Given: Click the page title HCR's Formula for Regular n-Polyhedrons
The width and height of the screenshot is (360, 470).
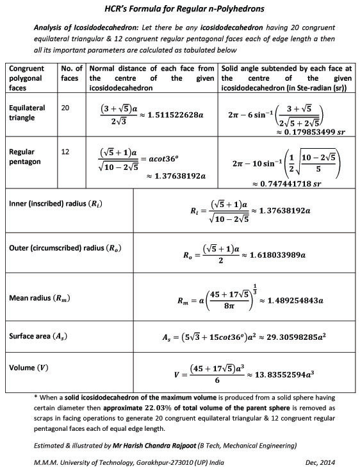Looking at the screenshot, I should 179,10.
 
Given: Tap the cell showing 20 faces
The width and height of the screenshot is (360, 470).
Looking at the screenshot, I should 65,108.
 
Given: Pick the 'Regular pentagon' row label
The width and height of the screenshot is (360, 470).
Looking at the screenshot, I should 26,157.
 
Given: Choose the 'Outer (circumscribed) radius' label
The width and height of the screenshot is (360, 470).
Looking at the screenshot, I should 62,248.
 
